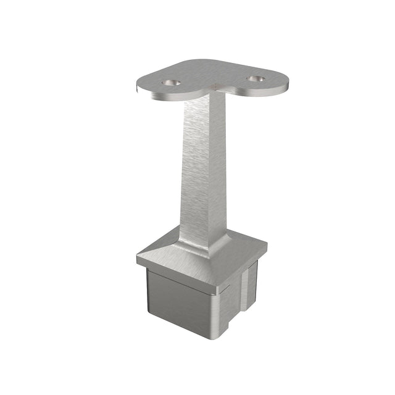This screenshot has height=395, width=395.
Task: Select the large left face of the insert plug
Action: click(176, 302)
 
